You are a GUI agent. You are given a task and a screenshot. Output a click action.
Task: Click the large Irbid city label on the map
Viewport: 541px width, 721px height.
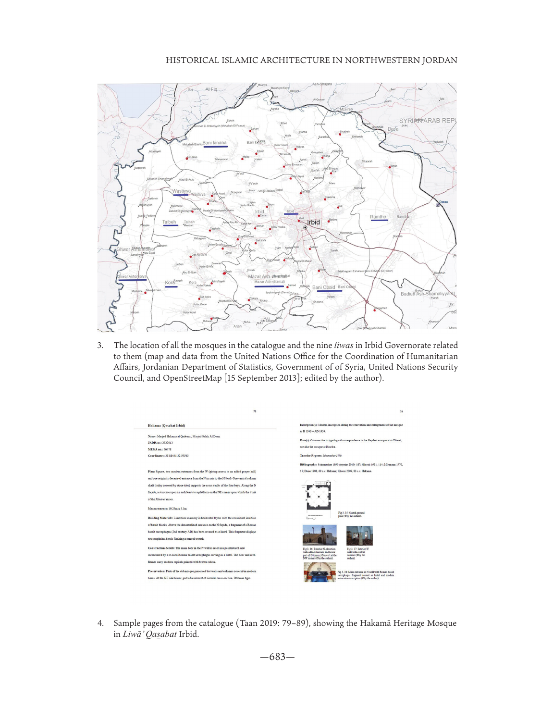point(313,222)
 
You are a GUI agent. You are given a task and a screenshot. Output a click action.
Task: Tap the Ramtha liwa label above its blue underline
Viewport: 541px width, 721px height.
point(378,217)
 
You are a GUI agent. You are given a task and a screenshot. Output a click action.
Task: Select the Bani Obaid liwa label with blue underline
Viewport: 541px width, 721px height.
point(323,287)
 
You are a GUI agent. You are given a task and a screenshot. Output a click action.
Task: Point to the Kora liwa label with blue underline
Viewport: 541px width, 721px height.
point(170,283)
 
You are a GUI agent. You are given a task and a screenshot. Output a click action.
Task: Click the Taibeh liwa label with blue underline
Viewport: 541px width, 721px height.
point(169,222)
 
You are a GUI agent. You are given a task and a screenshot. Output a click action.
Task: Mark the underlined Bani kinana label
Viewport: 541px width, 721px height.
point(214,143)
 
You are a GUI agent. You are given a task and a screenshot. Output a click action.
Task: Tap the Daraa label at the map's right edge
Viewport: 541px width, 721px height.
point(443,202)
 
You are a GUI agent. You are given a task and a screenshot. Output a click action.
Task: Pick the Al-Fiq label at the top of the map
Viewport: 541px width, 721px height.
point(211,89)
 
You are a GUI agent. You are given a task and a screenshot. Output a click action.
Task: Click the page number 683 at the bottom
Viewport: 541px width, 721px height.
point(277,657)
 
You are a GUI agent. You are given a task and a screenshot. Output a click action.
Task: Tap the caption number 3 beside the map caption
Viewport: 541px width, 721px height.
point(100,346)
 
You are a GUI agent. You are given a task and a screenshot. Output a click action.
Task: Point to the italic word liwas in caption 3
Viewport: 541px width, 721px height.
point(344,345)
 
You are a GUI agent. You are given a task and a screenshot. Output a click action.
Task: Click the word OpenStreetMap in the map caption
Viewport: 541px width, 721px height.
point(192,378)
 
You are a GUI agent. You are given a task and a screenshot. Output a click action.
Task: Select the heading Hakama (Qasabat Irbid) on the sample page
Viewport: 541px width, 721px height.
point(166,425)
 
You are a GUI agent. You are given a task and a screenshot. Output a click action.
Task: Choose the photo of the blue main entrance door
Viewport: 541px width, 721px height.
point(319,572)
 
